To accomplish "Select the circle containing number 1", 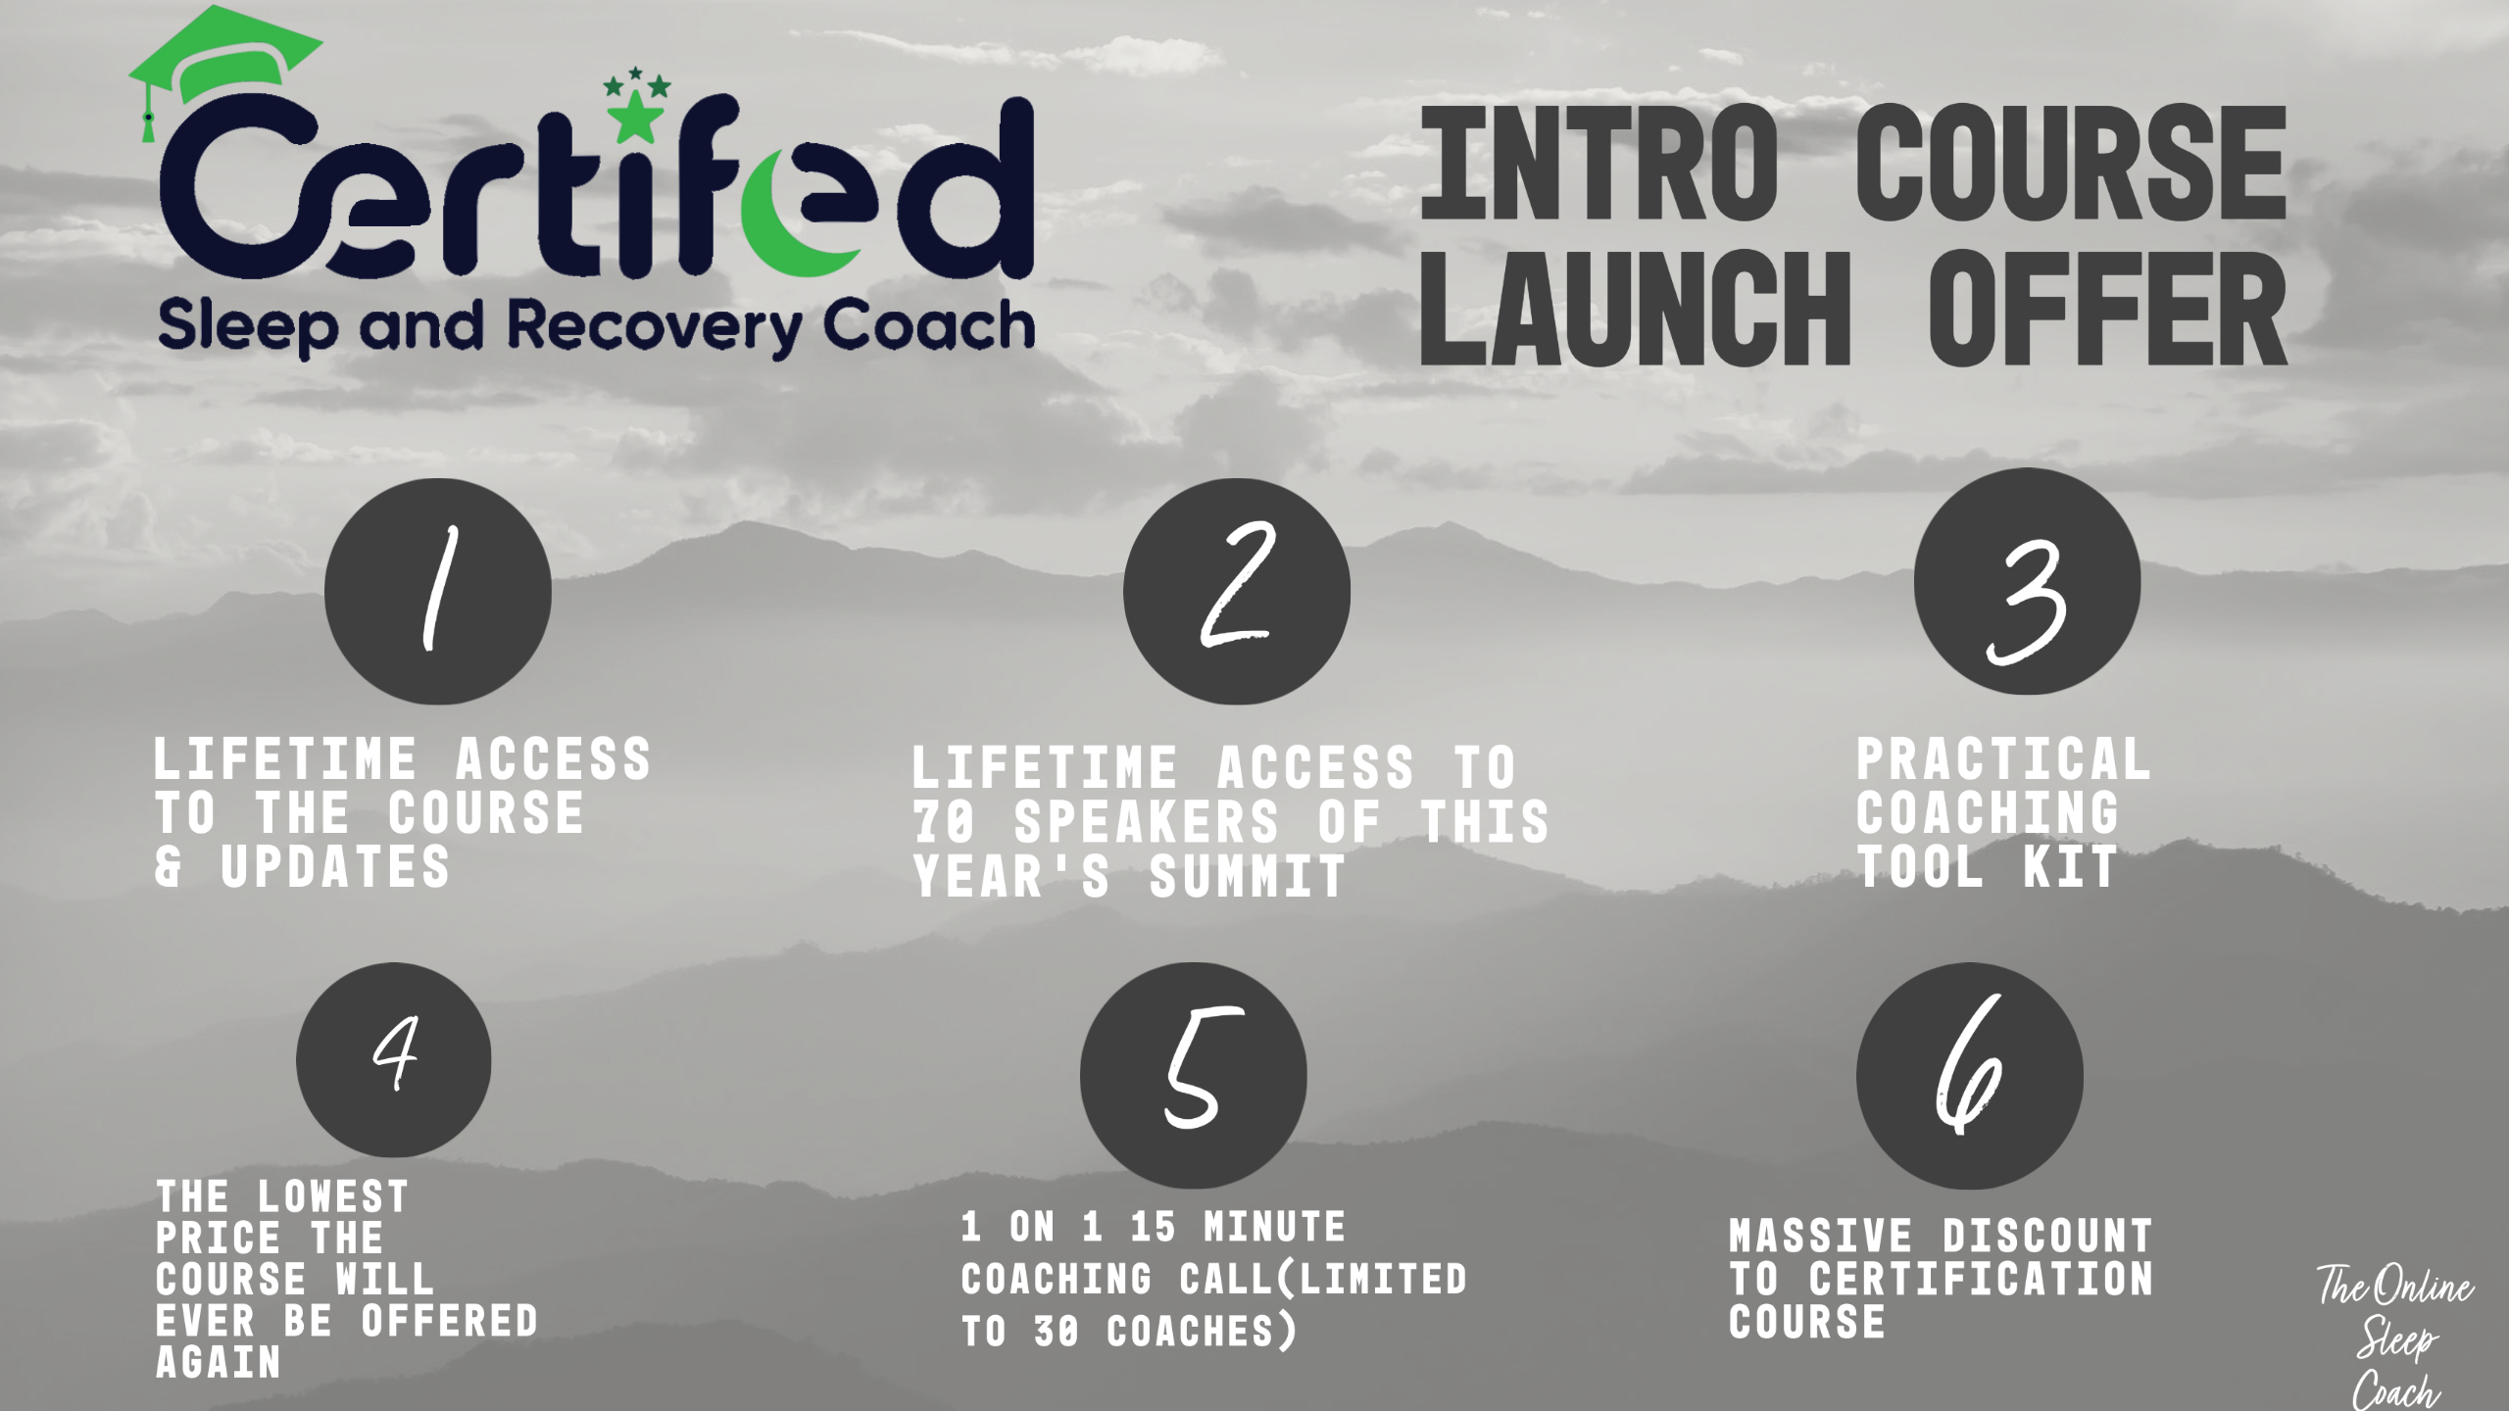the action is tap(438, 591).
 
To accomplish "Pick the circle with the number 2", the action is tap(1237, 591).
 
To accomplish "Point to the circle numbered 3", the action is tap(2028, 581).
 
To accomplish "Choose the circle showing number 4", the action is tap(394, 1059).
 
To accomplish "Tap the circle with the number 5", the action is tap(1194, 1075).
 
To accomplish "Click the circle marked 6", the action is tap(1970, 1075).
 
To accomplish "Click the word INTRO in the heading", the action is tap(1599, 164).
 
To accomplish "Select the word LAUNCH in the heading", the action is tap(1636, 308).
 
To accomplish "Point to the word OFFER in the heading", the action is tap(2108, 308).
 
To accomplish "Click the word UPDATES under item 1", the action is tap(335, 867).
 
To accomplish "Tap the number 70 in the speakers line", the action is tap(944, 822).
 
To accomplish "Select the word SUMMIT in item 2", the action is tap(1248, 876).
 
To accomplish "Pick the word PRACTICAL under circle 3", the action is tap(2003, 759).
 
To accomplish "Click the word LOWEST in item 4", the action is tap(333, 1196).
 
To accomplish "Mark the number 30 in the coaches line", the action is tap(1058, 1332).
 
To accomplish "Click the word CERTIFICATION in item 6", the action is tap(1981, 1279).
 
